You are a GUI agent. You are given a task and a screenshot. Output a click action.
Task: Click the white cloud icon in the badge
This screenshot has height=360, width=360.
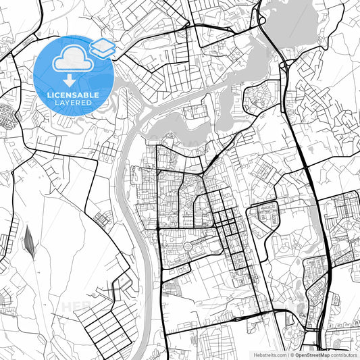[x=73, y=60]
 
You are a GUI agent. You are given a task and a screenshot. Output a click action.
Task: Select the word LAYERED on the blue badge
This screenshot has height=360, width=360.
[x=74, y=103]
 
